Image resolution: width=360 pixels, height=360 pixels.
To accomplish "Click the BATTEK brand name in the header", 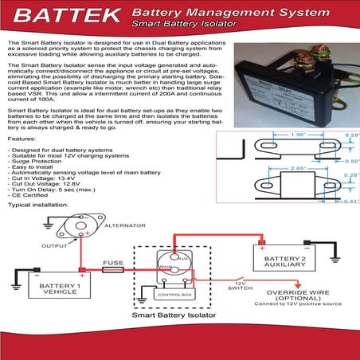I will [x=62, y=16].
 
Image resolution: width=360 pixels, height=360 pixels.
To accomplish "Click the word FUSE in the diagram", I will [x=112, y=262].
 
